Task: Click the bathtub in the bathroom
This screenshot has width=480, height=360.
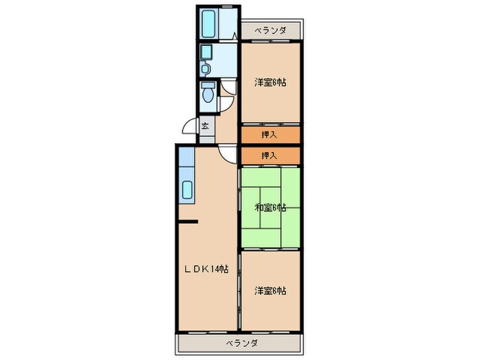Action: (208, 24)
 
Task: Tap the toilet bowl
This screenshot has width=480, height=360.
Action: (208, 95)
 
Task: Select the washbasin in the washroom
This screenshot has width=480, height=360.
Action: (205, 69)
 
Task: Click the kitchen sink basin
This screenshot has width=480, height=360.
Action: (187, 190)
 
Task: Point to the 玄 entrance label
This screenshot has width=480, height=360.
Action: (205, 125)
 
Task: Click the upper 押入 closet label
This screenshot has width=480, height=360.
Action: (269, 134)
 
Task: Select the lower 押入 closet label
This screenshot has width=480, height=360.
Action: (269, 156)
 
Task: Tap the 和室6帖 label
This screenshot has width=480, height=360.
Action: (271, 208)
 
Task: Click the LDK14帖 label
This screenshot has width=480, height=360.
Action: (206, 269)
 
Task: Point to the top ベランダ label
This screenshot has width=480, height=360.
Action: (271, 31)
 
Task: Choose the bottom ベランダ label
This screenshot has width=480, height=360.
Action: (242, 343)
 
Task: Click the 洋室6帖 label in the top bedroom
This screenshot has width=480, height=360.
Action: (270, 82)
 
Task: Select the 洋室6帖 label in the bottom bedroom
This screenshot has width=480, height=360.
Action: (270, 291)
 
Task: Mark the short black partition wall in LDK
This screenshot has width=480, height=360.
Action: (189, 221)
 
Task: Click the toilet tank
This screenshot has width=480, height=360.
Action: (208, 85)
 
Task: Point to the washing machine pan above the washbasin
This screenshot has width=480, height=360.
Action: (206, 51)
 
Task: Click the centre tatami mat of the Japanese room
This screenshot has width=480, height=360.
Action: (270, 208)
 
